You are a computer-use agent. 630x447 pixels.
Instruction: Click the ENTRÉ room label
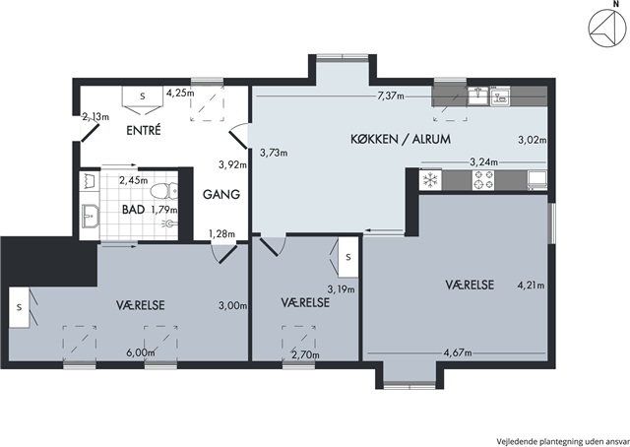144,131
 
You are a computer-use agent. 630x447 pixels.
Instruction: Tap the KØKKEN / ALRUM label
401,139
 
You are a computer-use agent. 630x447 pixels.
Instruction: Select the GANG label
221,194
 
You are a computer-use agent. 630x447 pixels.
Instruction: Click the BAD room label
134,210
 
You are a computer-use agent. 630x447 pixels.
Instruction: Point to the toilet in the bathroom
163,191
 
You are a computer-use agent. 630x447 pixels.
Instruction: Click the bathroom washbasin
90,217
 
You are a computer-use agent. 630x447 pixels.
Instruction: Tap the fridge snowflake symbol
430,180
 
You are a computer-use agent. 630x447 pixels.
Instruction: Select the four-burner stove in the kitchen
483,180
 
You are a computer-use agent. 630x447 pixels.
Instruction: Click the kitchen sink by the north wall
477,96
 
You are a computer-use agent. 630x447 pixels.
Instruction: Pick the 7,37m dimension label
391,96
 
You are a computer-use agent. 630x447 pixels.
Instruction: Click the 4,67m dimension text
458,352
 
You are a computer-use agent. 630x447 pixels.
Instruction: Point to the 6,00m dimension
141,352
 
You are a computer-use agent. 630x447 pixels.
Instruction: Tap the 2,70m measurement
306,355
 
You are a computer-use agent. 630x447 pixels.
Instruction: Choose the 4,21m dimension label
532,286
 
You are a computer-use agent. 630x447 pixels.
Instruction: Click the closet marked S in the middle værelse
346,257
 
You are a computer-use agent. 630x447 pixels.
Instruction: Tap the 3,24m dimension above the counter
483,162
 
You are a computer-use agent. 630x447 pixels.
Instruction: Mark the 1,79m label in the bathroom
164,210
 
